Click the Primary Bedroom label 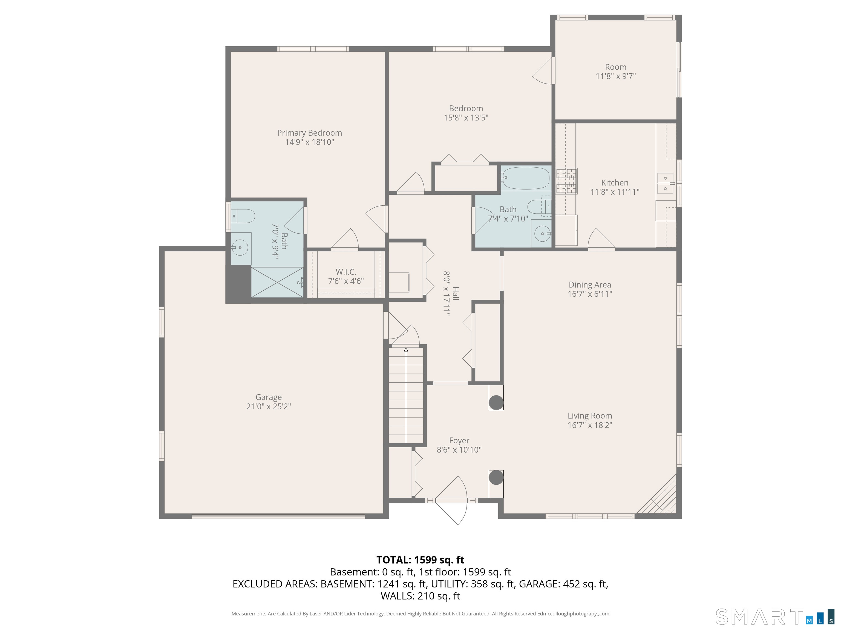pos(309,133)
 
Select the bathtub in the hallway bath pos(525,178)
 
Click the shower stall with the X pos(277,282)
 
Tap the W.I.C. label pos(345,272)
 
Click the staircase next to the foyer pos(406,395)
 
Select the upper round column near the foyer pos(496,402)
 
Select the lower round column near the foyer pos(496,477)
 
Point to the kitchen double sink pos(665,183)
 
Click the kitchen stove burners pos(566,181)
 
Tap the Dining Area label pos(590,285)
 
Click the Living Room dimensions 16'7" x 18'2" pos(590,425)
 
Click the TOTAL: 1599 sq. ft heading pos(420,560)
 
